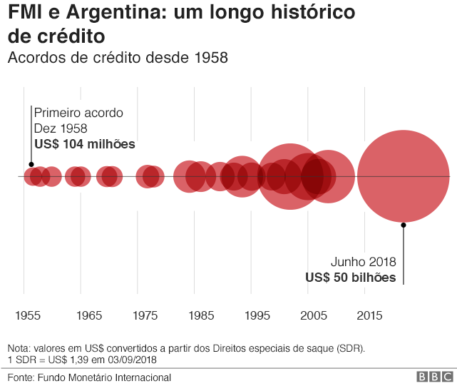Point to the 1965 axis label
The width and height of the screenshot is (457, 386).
point(88,315)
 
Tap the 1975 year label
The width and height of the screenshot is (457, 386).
point(145,315)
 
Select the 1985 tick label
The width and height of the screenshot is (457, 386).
point(201,315)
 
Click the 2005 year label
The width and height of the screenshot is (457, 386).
point(314,315)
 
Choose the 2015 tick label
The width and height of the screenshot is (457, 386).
point(369,315)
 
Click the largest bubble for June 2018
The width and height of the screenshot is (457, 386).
point(404,176)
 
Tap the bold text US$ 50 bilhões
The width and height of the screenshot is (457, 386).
point(350,278)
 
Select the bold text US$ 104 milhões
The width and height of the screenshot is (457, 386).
point(85,144)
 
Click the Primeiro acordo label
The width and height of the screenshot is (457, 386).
point(78,113)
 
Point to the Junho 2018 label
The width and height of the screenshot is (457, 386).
point(363,262)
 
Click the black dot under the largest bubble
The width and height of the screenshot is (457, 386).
point(404,225)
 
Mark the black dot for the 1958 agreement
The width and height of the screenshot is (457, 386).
point(32,165)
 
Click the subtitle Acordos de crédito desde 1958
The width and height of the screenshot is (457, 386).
point(118,58)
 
